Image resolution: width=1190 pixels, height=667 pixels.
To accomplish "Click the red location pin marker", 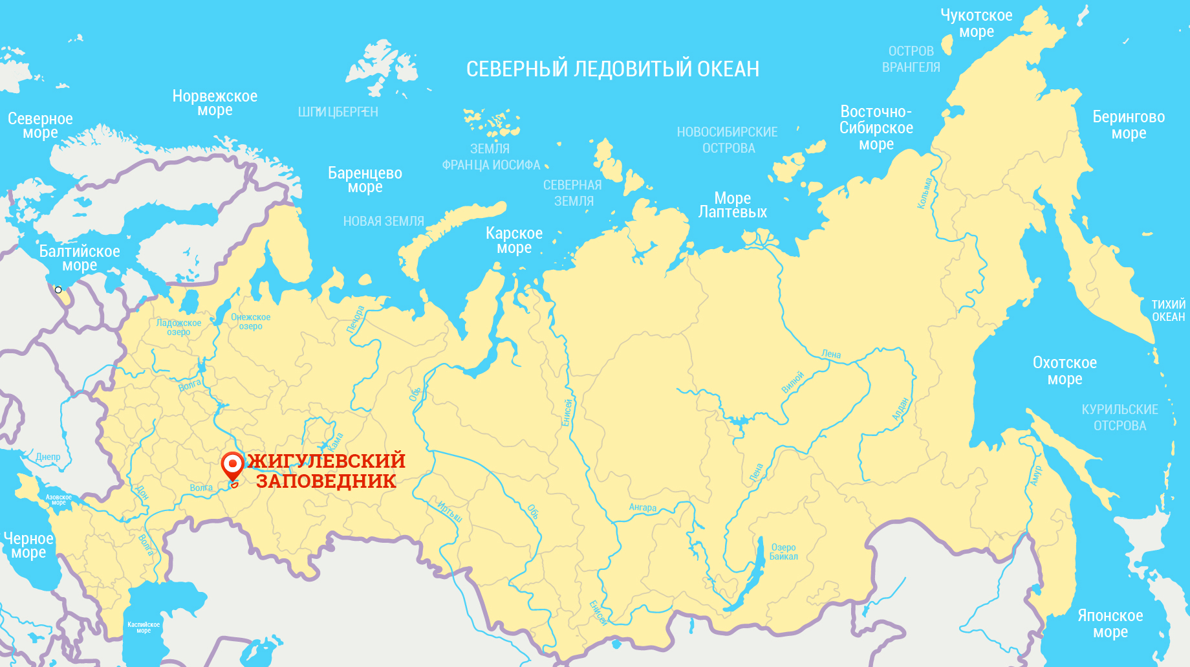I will tap(232, 465).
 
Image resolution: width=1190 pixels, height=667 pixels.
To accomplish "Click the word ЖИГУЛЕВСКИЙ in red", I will tap(327, 461).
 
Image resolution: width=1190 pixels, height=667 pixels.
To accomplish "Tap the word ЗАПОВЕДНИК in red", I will tap(326, 481).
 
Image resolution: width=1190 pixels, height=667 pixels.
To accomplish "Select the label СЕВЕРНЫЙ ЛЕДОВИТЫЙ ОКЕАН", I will tap(612, 69).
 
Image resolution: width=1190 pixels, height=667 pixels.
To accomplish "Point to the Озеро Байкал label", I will tap(783, 552).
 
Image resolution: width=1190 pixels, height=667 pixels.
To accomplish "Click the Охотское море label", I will tap(1065, 371).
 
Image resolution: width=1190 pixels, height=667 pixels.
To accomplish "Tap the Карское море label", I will tap(514, 240).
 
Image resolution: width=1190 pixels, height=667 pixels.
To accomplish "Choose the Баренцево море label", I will tap(365, 180).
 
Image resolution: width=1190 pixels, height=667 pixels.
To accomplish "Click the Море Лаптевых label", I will tap(733, 205).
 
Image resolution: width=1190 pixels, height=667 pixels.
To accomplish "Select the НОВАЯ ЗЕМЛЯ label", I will tap(384, 221).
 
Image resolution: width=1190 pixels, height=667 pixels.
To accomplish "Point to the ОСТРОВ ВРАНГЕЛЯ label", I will tap(911, 59).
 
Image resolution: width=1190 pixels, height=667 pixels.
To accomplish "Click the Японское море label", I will tap(1110, 624).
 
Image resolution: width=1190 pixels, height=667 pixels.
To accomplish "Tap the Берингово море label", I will tap(1129, 125).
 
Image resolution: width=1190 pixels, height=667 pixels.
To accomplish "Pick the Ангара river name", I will tap(643, 508).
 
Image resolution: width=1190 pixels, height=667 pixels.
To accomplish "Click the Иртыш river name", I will tap(449, 511).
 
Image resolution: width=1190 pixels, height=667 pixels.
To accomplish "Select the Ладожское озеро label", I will tap(178, 327).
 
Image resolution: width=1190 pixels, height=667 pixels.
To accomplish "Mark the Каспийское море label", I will tap(144, 627).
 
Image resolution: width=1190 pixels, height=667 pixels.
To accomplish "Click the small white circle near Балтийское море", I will tap(58, 290).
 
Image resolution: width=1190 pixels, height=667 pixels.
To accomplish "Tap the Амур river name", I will tap(1036, 476).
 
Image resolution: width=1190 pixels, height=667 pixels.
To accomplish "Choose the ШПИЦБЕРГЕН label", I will tap(338, 112).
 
